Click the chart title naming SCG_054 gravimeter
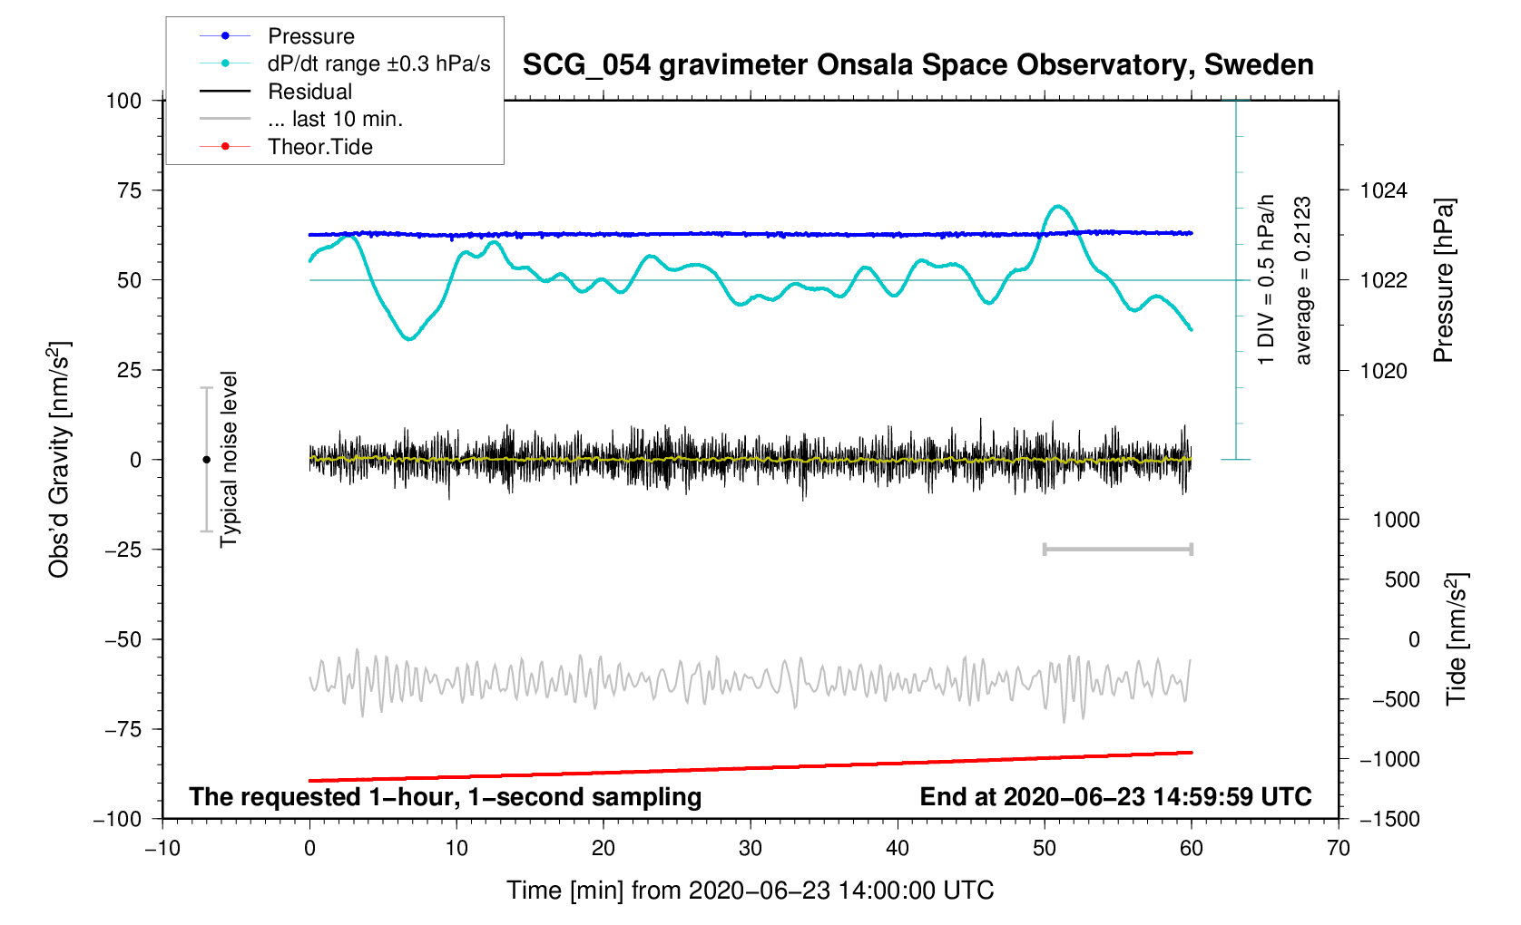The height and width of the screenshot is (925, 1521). [918, 65]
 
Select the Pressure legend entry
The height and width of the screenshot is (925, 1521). [310, 36]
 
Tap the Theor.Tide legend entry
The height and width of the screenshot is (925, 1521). [319, 147]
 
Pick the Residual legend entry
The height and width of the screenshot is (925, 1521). [309, 92]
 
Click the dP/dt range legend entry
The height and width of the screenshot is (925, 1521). [378, 63]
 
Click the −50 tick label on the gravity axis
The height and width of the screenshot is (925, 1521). [123, 639]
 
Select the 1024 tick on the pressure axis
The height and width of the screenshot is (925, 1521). [1383, 190]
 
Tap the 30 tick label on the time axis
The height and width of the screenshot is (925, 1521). [751, 849]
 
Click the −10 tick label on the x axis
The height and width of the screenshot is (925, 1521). [162, 849]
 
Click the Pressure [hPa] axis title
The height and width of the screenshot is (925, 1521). [1443, 280]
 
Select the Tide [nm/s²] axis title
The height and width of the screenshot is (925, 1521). [1456, 639]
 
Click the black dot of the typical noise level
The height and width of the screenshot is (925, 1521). [206, 460]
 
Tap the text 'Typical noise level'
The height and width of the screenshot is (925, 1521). [229, 459]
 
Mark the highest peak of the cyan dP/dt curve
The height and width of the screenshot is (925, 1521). [1056, 207]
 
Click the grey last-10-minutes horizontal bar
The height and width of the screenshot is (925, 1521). [1117, 550]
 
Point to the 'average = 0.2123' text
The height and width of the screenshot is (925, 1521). [1303, 280]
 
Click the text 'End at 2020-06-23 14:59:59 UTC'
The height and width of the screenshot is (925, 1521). [1115, 797]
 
